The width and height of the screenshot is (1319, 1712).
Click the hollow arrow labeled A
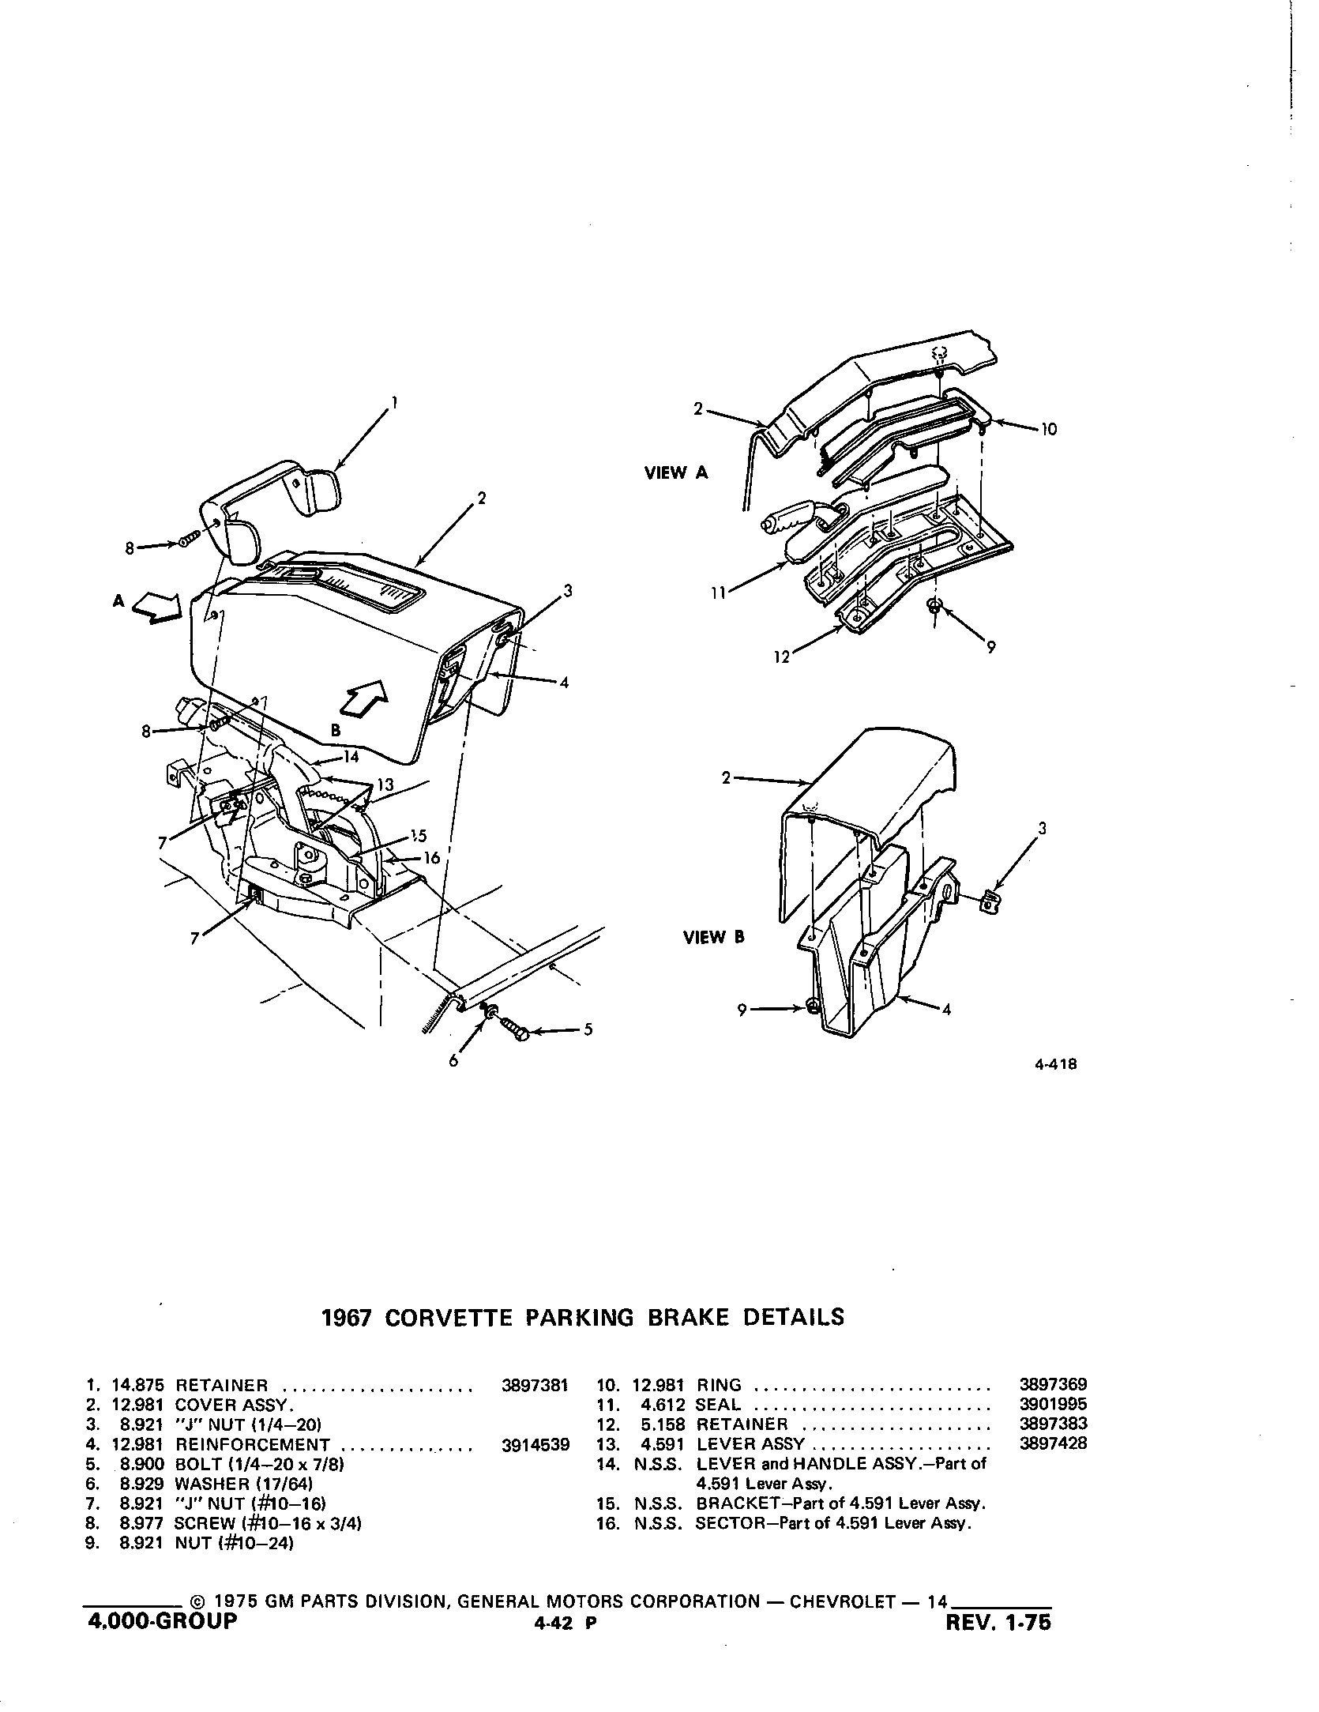pyautogui.click(x=156, y=609)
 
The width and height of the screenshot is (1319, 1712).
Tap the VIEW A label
pyautogui.click(x=677, y=473)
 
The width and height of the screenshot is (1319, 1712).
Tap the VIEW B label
pyautogui.click(x=714, y=938)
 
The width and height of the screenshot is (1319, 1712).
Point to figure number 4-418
pyautogui.click(x=1055, y=1064)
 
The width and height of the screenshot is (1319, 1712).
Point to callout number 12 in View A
pyautogui.click(x=782, y=657)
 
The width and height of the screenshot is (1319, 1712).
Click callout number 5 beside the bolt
pyautogui.click(x=588, y=1030)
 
